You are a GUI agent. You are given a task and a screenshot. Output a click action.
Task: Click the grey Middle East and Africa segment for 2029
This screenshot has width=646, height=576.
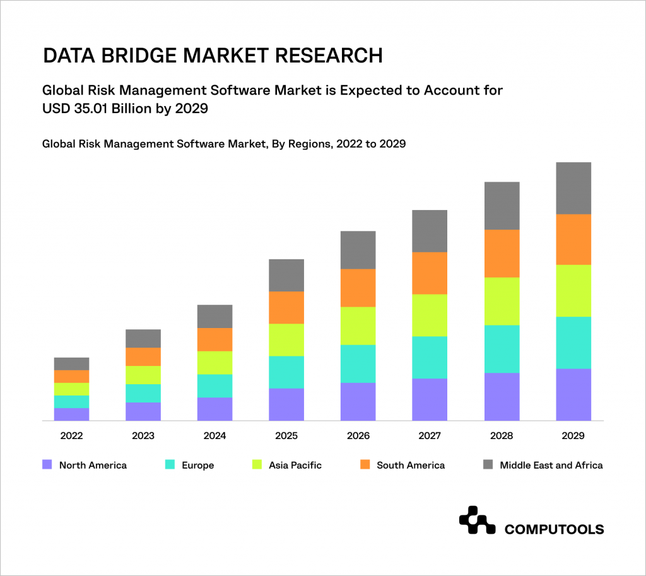pos(573,188)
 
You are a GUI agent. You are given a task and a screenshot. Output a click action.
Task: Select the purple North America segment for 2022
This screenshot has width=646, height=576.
pos(71,414)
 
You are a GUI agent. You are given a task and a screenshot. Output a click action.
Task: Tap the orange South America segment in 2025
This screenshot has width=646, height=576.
pos(286,307)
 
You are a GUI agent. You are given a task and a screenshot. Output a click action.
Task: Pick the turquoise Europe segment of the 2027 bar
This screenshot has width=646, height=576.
pos(430,357)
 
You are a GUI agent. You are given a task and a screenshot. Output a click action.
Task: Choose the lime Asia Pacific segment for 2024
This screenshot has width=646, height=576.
pos(214,363)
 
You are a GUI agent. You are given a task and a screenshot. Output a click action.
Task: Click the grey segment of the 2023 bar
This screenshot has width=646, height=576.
pos(143,338)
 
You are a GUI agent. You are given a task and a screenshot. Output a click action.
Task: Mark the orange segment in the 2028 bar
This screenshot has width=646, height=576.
pos(502,253)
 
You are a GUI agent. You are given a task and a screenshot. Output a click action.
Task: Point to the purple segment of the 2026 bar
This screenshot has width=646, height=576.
pos(358,401)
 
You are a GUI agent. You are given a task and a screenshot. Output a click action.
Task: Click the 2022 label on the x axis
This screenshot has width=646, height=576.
pos(71,436)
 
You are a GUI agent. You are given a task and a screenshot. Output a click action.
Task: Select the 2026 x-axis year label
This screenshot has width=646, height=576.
pos(358,436)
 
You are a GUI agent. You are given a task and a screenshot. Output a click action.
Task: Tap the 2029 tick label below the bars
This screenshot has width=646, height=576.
pos(573,436)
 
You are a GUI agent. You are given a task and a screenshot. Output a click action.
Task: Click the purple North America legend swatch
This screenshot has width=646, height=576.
pos(46,465)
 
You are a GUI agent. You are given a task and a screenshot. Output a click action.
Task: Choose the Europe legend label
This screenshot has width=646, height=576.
pos(197,466)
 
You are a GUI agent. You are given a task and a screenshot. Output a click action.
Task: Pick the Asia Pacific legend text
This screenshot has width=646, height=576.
pos(295,466)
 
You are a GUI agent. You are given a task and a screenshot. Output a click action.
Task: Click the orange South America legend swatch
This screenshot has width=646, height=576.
pos(364,465)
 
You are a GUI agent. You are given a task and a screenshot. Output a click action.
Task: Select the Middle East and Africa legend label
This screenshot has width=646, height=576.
pos(551,466)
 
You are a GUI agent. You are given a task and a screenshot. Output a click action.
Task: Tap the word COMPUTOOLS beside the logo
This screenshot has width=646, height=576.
pos(554,529)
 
